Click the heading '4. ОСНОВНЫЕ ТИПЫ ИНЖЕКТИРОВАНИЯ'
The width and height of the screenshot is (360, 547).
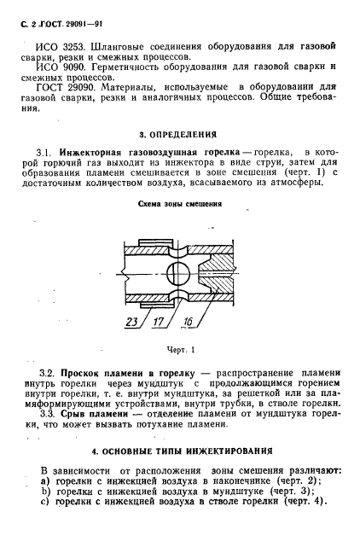181,450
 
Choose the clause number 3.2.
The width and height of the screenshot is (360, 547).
53,373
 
